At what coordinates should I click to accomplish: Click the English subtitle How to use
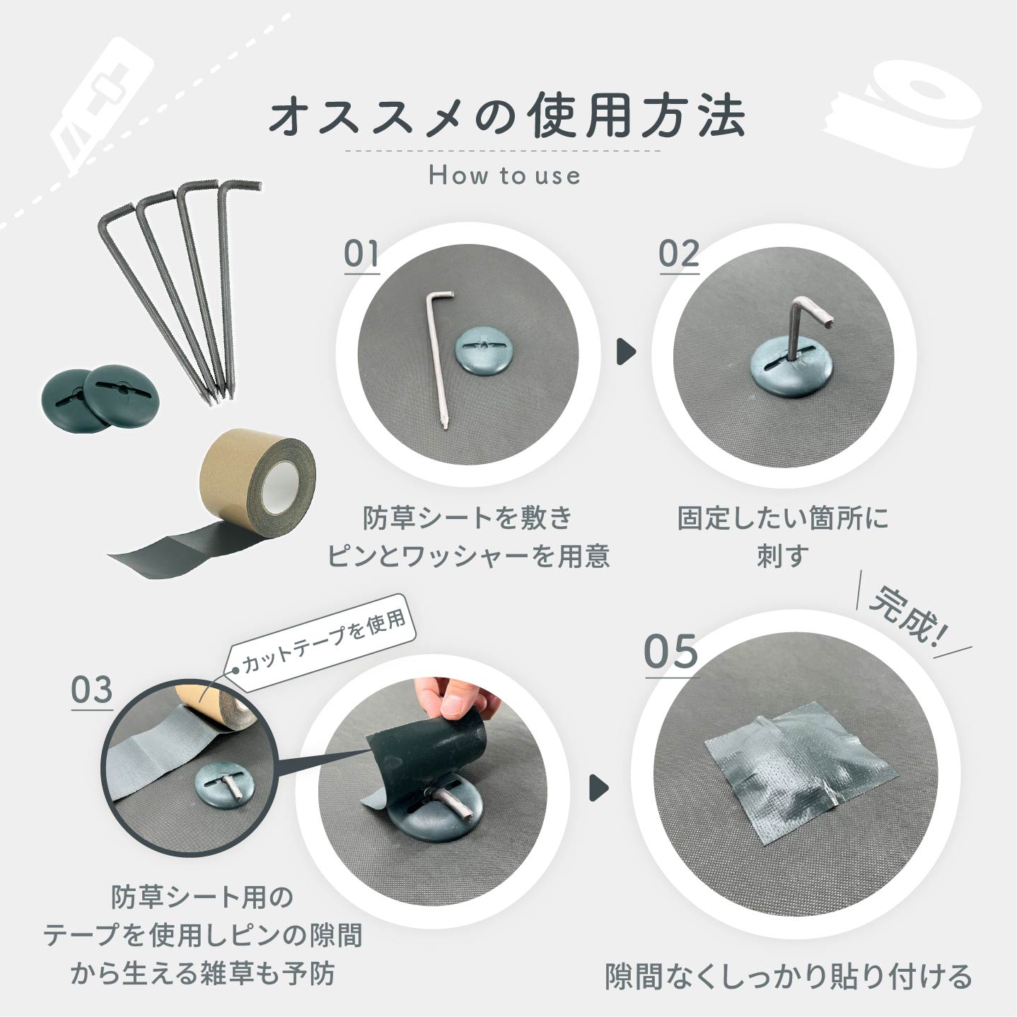coord(504,175)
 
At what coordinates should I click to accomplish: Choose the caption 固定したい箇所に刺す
coord(783,537)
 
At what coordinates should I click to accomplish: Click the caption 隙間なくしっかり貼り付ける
coord(789,976)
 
